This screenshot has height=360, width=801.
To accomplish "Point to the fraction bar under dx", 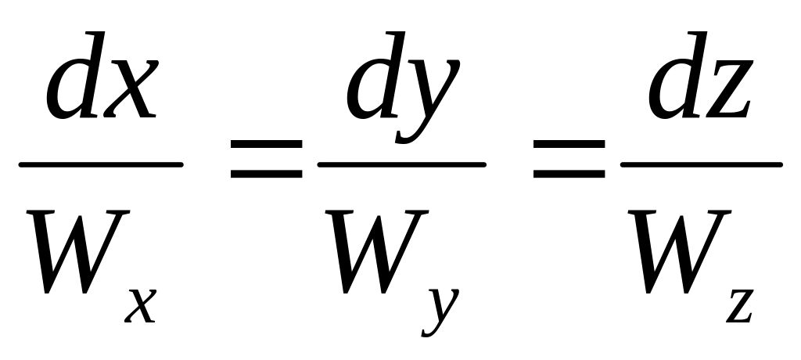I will (x=101, y=165).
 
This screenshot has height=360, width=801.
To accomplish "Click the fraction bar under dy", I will (x=401, y=165).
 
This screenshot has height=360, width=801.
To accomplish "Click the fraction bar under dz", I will (x=701, y=165).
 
